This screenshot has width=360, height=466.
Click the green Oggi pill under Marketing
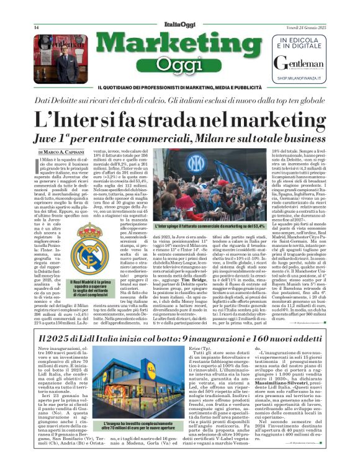click(x=179, y=64)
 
